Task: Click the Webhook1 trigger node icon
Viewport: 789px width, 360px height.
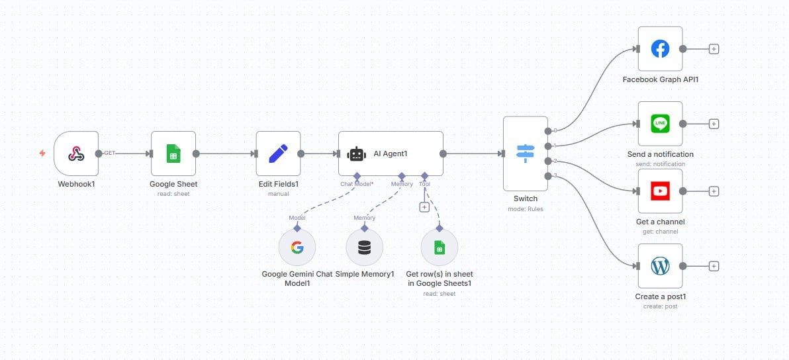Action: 76,154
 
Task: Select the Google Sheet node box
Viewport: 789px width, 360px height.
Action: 173,154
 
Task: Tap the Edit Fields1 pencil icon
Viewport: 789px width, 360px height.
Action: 278,154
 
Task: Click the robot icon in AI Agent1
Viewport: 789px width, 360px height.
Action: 357,154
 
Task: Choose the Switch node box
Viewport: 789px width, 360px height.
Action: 525,154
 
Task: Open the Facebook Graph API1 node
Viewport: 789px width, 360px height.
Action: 660,49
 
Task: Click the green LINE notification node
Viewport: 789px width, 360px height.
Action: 660,124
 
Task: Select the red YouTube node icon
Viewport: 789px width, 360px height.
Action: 660,191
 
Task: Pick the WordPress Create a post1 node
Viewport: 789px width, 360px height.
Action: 660,266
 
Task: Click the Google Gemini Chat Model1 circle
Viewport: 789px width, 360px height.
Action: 297,248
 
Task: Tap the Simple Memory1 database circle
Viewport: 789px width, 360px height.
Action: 364,248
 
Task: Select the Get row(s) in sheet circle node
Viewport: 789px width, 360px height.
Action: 439,248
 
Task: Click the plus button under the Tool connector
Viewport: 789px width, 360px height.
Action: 424,207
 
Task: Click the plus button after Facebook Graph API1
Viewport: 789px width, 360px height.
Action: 714,49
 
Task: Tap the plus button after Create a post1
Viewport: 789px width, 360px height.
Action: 714,266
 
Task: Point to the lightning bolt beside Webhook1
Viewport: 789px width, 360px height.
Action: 42,154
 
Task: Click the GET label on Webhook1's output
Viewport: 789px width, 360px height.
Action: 110,153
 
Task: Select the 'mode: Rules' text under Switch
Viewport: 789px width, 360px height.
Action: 525,209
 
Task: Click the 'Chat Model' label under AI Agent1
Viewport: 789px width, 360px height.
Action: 354,184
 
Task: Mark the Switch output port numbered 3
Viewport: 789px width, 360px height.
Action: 547,175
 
